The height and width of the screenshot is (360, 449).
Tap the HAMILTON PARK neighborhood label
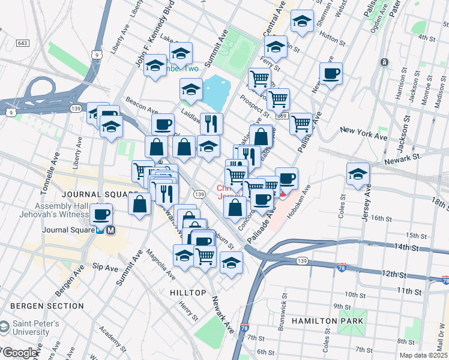point(327,321)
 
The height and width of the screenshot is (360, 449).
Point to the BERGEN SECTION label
point(47,306)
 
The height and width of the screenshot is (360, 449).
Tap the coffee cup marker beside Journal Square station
point(101,213)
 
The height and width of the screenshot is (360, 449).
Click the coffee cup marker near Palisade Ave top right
point(331,74)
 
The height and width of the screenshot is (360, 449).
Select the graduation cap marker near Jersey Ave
point(358,174)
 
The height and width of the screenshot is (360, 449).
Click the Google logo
point(20,353)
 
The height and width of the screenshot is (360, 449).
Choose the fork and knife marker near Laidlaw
point(211,124)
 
